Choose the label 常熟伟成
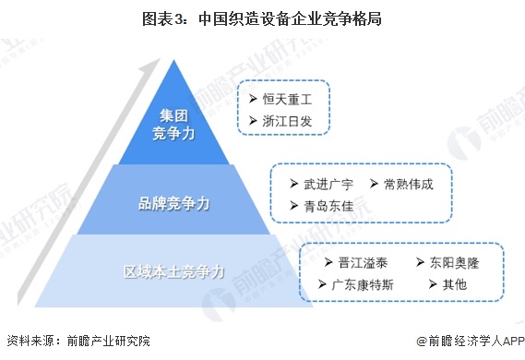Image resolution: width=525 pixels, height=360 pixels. [x=410, y=183]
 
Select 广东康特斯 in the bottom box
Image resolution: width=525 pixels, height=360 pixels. [x=363, y=284]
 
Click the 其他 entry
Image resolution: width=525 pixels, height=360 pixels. [x=454, y=284]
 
